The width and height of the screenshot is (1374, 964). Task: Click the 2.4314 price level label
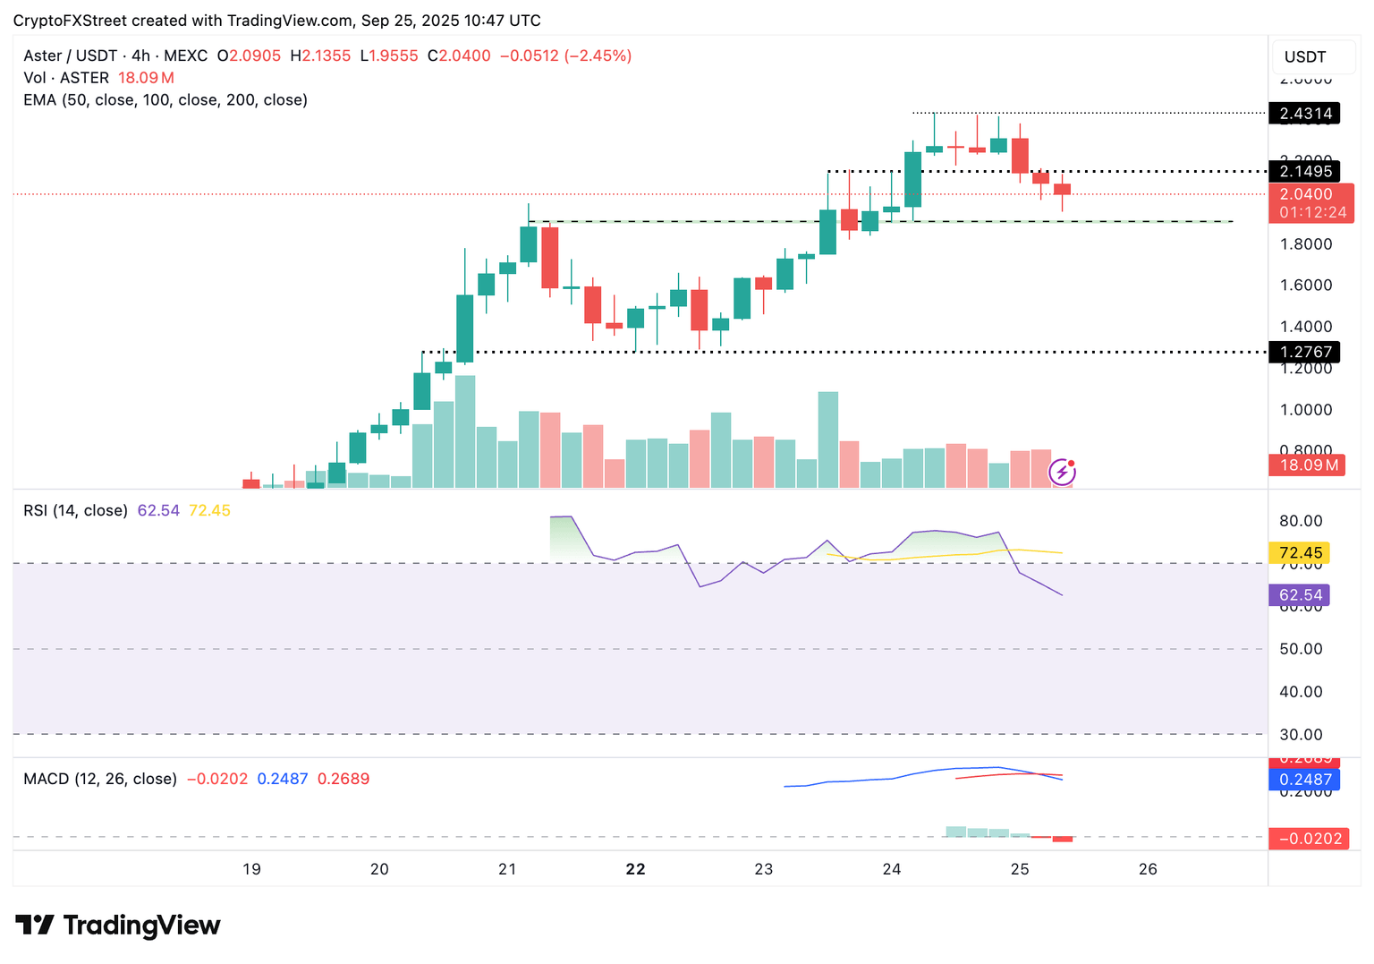coord(1305,114)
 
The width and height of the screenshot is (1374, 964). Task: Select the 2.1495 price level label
coord(1305,171)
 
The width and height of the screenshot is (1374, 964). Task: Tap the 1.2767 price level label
coord(1305,352)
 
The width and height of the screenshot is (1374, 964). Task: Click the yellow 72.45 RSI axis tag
coord(1300,553)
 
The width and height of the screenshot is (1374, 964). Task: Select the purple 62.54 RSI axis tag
coord(1300,595)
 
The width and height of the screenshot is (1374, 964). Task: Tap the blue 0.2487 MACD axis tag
coord(1305,780)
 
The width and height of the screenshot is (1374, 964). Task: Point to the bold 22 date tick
coord(635,869)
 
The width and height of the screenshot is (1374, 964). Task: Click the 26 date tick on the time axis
coord(1148,869)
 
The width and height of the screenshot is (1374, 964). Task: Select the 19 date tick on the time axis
coord(251,869)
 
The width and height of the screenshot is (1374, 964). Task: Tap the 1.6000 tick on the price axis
coord(1305,286)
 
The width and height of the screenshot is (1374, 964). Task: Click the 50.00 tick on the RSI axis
coord(1301,649)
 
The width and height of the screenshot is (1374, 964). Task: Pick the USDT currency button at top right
coord(1305,57)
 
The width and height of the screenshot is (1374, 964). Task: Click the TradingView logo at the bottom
coord(118,925)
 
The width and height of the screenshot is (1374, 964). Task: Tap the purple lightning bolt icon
coord(1062,472)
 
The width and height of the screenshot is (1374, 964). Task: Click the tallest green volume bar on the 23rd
coord(828,439)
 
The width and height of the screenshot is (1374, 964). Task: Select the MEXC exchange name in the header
coord(185,55)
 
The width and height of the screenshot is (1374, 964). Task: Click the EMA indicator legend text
coord(165,100)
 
